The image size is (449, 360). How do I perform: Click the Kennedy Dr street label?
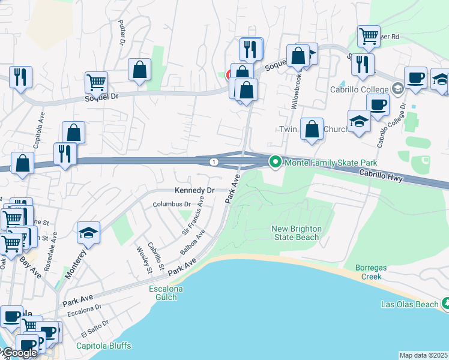pyautogui.click(x=194, y=190)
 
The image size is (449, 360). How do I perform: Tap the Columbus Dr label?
pyautogui.click(x=171, y=205)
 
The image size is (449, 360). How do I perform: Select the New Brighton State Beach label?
pyautogui.click(x=297, y=233)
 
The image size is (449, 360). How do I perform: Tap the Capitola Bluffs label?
pyautogui.click(x=104, y=346)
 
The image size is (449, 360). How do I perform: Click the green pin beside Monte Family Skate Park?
pyautogui.click(x=276, y=162)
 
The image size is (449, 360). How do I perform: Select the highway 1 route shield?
pyautogui.click(x=214, y=162)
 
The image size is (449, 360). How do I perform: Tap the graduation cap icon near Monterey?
pyautogui.click(x=88, y=233)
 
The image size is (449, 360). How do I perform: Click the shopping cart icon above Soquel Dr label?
pyautogui.click(x=96, y=82)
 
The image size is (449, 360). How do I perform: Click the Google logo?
pyautogui.click(x=19, y=353)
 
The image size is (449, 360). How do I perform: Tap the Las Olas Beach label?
pyautogui.click(x=410, y=304)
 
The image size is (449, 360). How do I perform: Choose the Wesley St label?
pyautogui.click(x=144, y=259)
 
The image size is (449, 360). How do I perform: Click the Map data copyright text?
pyautogui.click(x=423, y=355)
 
